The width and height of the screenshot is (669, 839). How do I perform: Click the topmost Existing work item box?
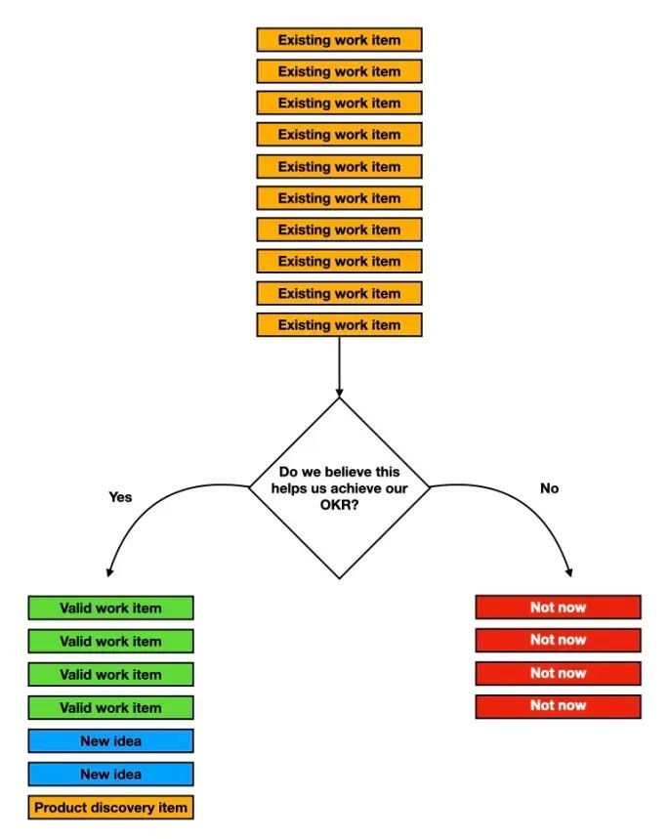tap(339, 40)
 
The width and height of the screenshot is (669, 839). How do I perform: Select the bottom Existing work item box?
tap(339, 325)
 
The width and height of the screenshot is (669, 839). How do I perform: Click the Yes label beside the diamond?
tap(120, 496)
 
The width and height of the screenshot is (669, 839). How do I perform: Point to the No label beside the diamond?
tap(550, 487)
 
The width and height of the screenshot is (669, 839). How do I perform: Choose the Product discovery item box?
tap(110, 808)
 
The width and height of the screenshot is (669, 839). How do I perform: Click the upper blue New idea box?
tap(110, 741)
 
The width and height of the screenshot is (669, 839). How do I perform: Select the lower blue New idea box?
tap(110, 775)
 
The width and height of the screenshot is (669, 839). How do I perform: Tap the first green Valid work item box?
tap(110, 608)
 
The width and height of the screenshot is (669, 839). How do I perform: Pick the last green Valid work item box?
tap(110, 707)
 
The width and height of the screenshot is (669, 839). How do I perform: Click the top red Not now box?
tap(558, 607)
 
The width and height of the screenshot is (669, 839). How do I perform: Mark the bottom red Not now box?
tap(558, 706)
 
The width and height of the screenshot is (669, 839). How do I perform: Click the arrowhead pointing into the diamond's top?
tap(339, 392)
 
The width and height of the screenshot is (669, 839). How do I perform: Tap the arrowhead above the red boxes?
tap(569, 571)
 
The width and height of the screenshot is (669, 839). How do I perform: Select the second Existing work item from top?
tap(339, 71)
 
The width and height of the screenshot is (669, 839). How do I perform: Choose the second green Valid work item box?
tap(110, 641)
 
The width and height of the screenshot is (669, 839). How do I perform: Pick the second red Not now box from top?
tap(558, 640)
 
